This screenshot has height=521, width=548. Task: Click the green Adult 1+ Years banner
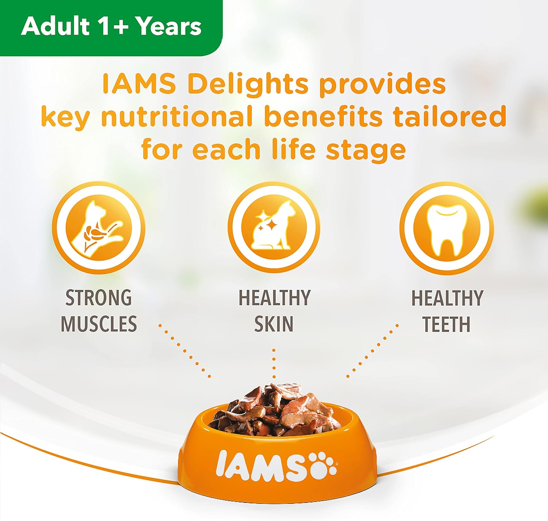coord(111,27)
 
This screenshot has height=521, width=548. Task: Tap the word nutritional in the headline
coord(176,117)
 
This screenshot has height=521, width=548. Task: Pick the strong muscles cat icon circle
coord(98,228)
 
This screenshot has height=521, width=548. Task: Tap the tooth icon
coord(446,228)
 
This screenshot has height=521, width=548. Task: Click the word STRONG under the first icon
coord(98,297)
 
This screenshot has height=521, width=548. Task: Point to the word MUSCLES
coord(99,323)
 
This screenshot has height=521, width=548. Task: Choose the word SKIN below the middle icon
coord(273,324)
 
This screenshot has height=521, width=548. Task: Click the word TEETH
coord(446,324)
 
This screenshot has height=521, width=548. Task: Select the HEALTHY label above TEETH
coord(447,298)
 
